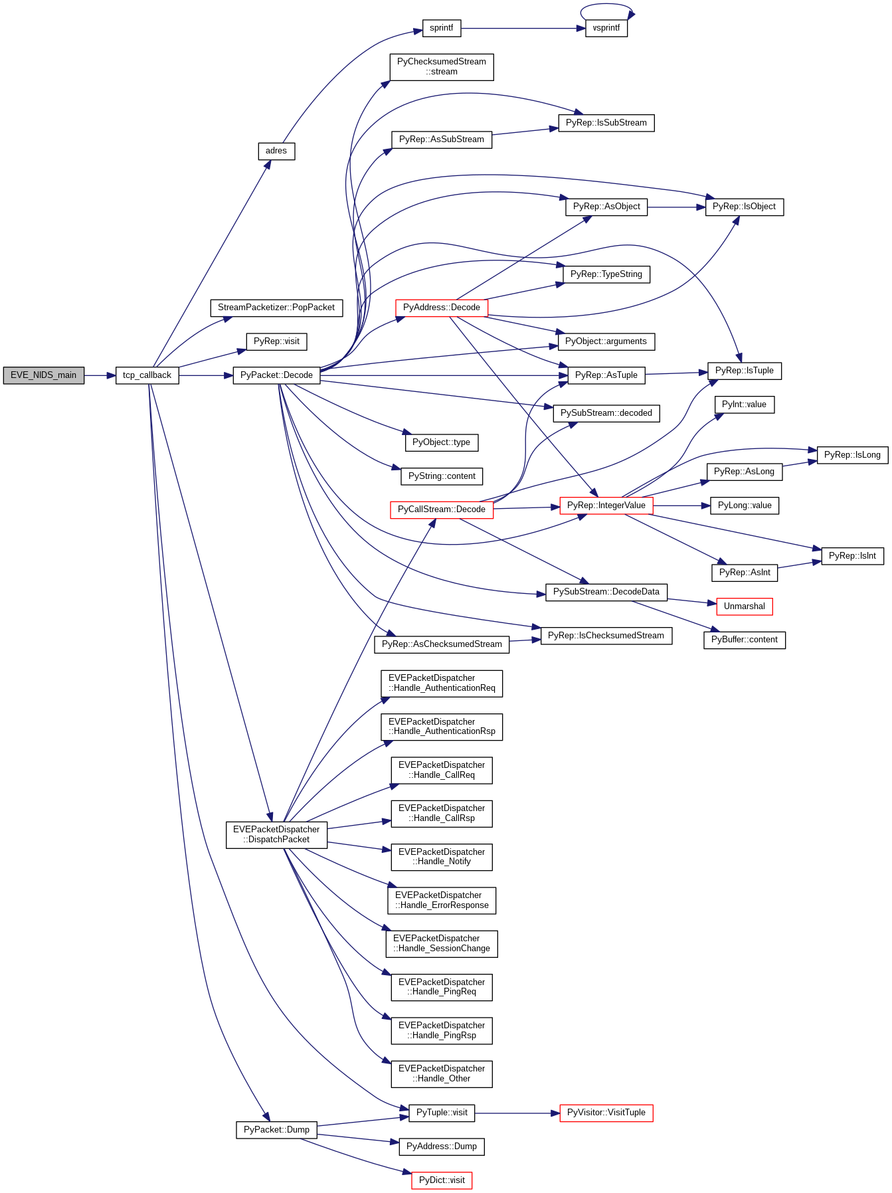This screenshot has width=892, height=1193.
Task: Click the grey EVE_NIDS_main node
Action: coord(44,375)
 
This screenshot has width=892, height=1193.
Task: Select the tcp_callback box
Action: coord(147,375)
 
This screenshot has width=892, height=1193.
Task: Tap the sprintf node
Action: coord(441,28)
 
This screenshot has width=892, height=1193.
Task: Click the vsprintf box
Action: coord(606,28)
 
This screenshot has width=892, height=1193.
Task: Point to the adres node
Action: coord(276,151)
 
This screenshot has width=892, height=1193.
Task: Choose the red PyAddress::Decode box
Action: coord(441,308)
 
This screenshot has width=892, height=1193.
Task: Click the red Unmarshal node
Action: coord(744,606)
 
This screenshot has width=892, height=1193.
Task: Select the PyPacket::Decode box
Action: coord(276,375)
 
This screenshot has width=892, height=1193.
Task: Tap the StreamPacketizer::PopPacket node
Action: coord(276,308)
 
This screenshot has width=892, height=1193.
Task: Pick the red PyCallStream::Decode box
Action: coord(441,509)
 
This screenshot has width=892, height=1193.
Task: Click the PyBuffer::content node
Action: coord(744,640)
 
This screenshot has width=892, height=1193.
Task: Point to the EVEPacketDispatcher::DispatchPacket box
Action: coord(276,834)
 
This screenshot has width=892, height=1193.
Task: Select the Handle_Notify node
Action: coord(441,857)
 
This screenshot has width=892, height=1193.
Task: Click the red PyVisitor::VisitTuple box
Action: coord(606,1113)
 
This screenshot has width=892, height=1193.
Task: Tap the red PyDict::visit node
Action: coord(441,1180)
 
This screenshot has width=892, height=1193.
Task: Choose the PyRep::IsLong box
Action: coord(851,455)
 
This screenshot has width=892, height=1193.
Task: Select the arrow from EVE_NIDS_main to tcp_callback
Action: coord(100,376)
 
